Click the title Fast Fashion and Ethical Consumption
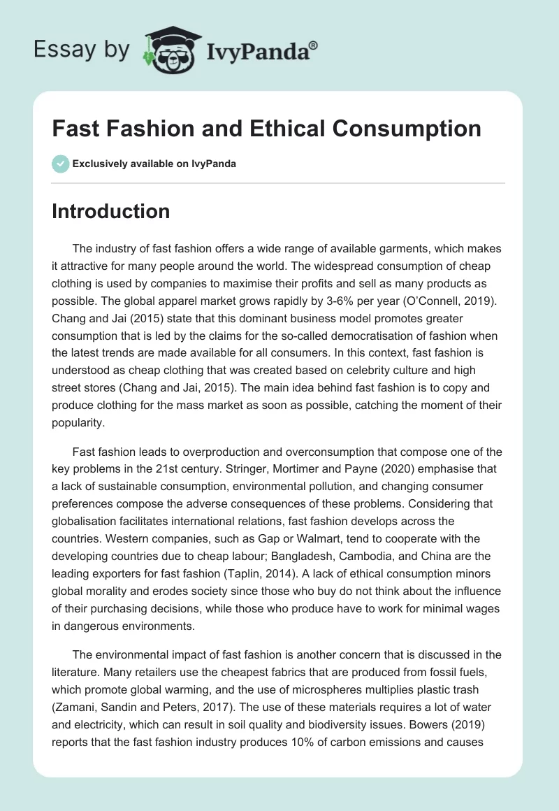tap(266, 129)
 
